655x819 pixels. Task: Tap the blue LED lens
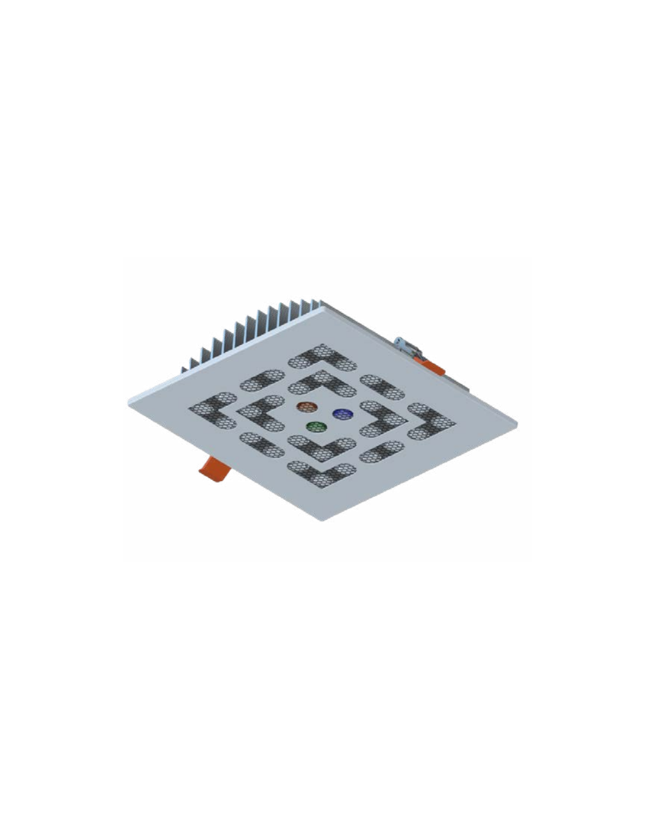click(x=343, y=414)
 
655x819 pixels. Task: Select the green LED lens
click(x=314, y=427)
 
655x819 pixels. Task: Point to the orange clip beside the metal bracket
click(x=431, y=366)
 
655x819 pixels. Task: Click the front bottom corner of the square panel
click(x=323, y=520)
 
